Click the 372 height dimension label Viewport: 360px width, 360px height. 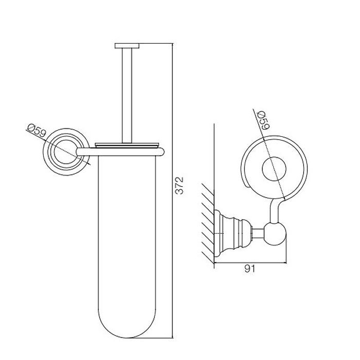pyautogui.click(x=179, y=185)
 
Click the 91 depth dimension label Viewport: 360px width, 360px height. pyautogui.click(x=250, y=269)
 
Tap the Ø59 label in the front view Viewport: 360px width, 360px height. pyautogui.click(x=36, y=130)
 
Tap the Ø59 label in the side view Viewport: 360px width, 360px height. pyautogui.click(x=264, y=120)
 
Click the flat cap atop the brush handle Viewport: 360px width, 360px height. pyautogui.click(x=127, y=46)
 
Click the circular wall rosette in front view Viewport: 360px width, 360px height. pyautogui.click(x=66, y=152)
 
